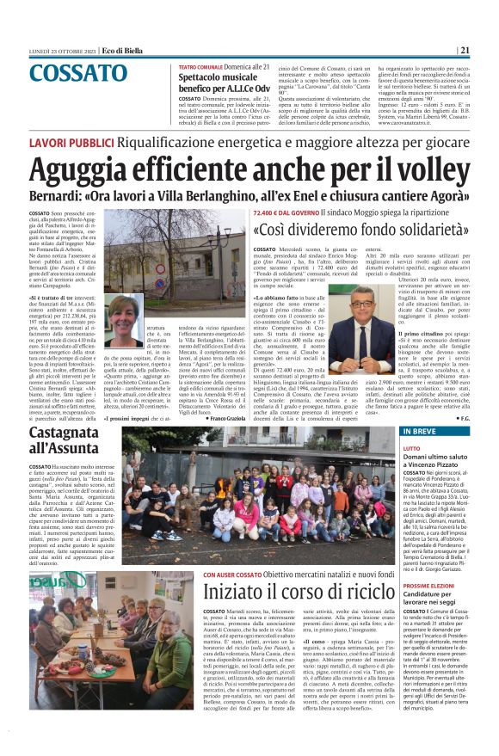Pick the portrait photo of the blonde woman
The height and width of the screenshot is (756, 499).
coord(126,320)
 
